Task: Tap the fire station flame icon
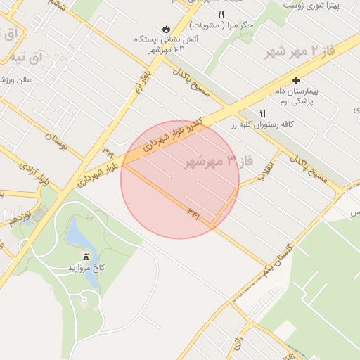pos(166,29)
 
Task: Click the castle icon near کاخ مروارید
pos(86,257)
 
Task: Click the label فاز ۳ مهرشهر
pos(217,162)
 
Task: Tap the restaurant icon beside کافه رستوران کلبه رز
pos(263,112)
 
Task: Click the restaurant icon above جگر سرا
pos(221,14)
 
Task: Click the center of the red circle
pos(180,179)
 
